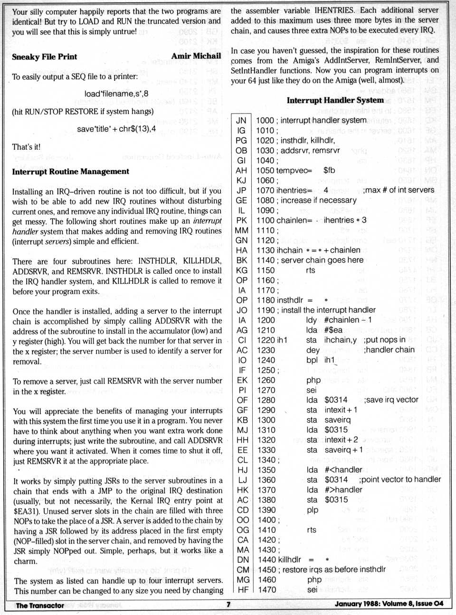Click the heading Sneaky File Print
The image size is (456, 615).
tap(44, 57)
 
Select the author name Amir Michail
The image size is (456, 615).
tap(196, 56)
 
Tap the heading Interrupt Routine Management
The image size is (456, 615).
tap(70, 172)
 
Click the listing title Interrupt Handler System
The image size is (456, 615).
tap(335, 100)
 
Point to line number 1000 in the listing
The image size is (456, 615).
tap(265, 121)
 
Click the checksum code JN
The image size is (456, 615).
tap(241, 121)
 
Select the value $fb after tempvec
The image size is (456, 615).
tap(329, 170)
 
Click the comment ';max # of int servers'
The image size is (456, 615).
tap(399, 190)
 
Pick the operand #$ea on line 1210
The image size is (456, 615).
tap(333, 330)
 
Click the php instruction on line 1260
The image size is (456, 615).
tap(313, 380)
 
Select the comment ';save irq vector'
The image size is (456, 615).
tap(391, 400)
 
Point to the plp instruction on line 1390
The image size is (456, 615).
tap(312, 510)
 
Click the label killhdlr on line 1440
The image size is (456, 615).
tap(289, 560)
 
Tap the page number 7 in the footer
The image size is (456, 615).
tap(228, 605)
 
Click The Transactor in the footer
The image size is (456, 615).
tap(40, 605)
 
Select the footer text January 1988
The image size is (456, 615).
tap(356, 604)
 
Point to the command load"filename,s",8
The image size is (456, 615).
tap(116, 94)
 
